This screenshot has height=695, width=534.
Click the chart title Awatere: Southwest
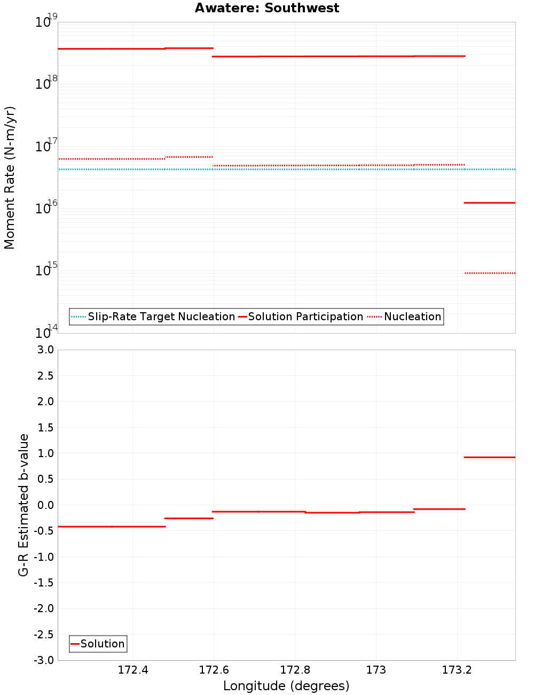click(x=267, y=8)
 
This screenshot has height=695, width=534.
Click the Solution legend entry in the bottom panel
click(x=98, y=644)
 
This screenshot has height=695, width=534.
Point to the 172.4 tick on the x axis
click(x=133, y=670)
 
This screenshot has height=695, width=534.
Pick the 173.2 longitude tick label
click(x=457, y=670)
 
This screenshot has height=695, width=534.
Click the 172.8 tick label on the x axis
click(x=295, y=670)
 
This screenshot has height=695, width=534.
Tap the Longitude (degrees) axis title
click(x=286, y=686)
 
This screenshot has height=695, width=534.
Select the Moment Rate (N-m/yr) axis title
click(x=10, y=177)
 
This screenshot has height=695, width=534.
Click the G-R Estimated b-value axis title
click(x=23, y=505)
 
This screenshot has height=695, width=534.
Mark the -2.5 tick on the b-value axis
click(x=43, y=635)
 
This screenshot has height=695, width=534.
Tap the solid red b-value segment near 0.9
click(x=490, y=457)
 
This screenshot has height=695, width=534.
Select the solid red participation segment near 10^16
click(x=490, y=203)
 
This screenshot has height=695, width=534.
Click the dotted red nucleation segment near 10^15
click(x=490, y=273)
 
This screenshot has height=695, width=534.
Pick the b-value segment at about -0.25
click(x=189, y=518)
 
